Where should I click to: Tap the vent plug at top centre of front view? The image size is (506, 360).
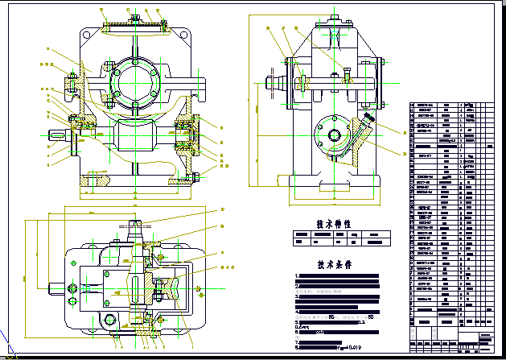pos(134,16)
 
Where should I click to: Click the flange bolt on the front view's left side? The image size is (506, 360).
pos(71,82)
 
